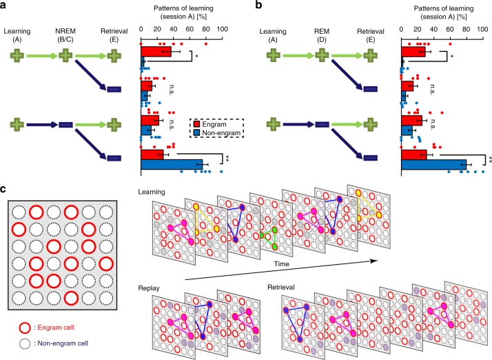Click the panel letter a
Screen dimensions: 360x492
pos(5,6)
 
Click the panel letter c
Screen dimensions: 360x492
pos(5,189)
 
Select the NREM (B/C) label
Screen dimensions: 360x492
pos(66,36)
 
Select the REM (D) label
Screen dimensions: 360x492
pos(321,36)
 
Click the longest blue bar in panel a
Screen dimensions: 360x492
pos(172,164)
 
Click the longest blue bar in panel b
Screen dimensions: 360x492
pos(433,164)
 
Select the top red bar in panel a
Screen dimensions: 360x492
pos(156,50)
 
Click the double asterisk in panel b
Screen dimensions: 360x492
pos(490,159)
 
